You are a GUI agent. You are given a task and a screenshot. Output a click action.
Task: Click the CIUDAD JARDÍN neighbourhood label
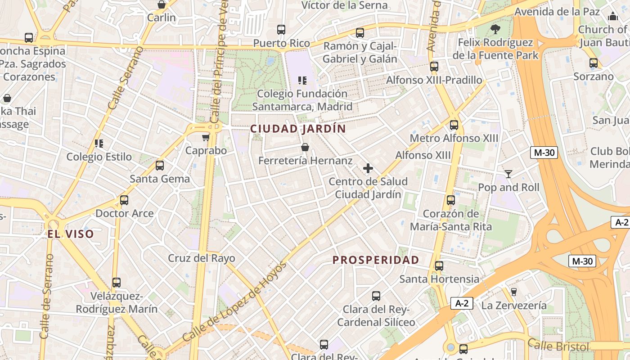pyautogui.click(x=298, y=129)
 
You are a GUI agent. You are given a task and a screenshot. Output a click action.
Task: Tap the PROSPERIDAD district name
pyautogui.click(x=376, y=260)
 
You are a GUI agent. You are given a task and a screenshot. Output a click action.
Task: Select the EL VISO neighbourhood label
pyautogui.click(x=71, y=234)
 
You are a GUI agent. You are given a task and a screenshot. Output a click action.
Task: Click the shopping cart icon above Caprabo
pyautogui.click(x=206, y=137)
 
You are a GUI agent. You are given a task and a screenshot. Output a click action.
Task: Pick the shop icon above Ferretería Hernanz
pyautogui.click(x=305, y=147)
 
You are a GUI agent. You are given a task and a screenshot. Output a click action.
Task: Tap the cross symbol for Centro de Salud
pyautogui.click(x=368, y=169)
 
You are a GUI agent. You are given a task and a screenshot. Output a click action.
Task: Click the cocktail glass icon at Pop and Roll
pyautogui.click(x=508, y=174)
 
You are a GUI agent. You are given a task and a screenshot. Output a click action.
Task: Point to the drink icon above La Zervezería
pyautogui.click(x=514, y=292)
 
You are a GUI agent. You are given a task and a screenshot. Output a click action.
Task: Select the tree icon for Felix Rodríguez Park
pyautogui.click(x=495, y=30)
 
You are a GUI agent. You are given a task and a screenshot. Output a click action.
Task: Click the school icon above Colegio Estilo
pyautogui.click(x=99, y=144)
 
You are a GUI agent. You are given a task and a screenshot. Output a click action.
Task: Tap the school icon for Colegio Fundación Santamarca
pyautogui.click(x=302, y=81)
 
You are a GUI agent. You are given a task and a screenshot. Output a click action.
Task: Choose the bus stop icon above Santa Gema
pyautogui.click(x=160, y=166)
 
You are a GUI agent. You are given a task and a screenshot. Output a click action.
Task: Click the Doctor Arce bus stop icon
pyautogui.click(x=124, y=200)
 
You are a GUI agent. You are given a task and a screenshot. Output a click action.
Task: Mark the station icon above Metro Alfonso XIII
pyautogui.click(x=454, y=125)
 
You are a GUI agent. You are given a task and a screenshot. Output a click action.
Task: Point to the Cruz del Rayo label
pyautogui.click(x=202, y=258)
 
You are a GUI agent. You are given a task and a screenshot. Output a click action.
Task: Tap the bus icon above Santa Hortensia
pyautogui.click(x=439, y=266)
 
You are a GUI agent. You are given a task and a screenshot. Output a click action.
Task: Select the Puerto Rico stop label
pyautogui.click(x=282, y=44)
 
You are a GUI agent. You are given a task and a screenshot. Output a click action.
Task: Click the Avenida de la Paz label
pyautogui.click(x=557, y=12)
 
